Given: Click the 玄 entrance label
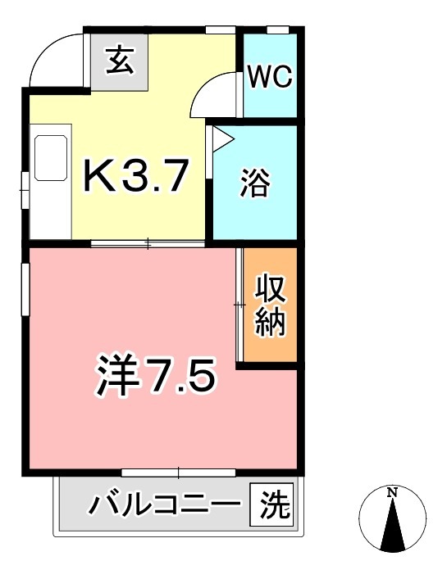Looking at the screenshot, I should pyautogui.click(x=121, y=61).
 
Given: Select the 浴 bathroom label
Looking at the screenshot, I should pyautogui.click(x=255, y=183).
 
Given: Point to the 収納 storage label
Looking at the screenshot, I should pyautogui.click(x=269, y=305).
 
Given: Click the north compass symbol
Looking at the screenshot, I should pyautogui.click(x=393, y=518).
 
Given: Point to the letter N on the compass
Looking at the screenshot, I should pyautogui.click(x=393, y=493).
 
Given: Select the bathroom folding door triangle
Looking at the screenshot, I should pyautogui.click(x=222, y=137).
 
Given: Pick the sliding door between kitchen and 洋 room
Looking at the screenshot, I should pyautogui.click(x=148, y=243).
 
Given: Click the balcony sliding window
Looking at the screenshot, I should pyautogui.click(x=179, y=473).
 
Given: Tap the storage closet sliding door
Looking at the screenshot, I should pyautogui.click(x=240, y=305).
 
